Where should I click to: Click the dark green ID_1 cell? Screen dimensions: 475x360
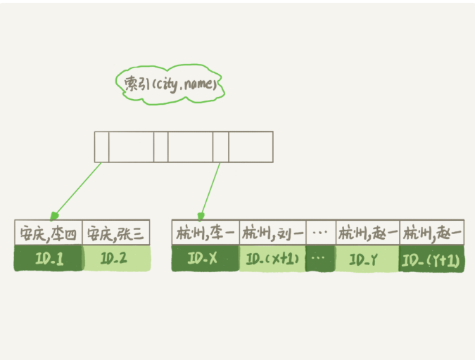48,259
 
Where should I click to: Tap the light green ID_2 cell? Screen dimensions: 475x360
115,259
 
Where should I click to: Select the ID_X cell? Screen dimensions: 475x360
205,259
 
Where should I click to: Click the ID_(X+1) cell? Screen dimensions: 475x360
272,259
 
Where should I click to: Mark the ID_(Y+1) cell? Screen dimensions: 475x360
431,259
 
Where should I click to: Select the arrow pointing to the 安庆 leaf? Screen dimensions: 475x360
77,190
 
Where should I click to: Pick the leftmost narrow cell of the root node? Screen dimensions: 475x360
101,147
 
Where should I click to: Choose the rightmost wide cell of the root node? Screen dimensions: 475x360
251,147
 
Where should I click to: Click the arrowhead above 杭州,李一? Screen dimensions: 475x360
202,216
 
